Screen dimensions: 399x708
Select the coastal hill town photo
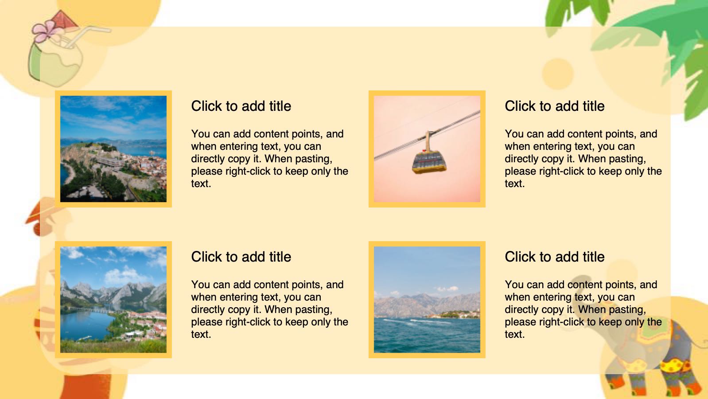[x=113, y=149]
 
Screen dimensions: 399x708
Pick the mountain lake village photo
[x=113, y=300]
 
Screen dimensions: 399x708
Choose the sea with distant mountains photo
[x=427, y=300]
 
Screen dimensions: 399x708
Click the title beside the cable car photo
[x=554, y=106]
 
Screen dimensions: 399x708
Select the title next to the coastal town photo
[x=241, y=106]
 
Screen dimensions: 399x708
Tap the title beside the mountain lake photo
[x=241, y=257]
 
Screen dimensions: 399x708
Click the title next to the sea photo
[x=554, y=257]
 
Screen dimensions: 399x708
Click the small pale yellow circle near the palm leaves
[x=557, y=74]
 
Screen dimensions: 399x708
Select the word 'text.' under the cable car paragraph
[x=514, y=184]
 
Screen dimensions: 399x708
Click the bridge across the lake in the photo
[x=91, y=310]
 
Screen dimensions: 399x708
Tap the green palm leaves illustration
[x=656, y=40]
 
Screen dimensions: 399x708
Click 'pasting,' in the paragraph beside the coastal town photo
[x=313, y=159]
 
